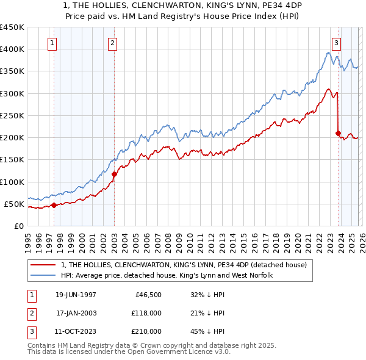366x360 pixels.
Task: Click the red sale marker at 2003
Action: click(114, 174)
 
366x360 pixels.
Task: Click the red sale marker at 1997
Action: click(54, 205)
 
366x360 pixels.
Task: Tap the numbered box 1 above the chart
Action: click(52, 43)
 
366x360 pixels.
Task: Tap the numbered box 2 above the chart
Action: click(113, 43)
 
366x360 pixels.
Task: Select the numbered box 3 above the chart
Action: click(336, 43)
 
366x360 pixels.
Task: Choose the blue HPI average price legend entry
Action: click(166, 275)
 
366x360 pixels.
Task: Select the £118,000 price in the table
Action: click(147, 313)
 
